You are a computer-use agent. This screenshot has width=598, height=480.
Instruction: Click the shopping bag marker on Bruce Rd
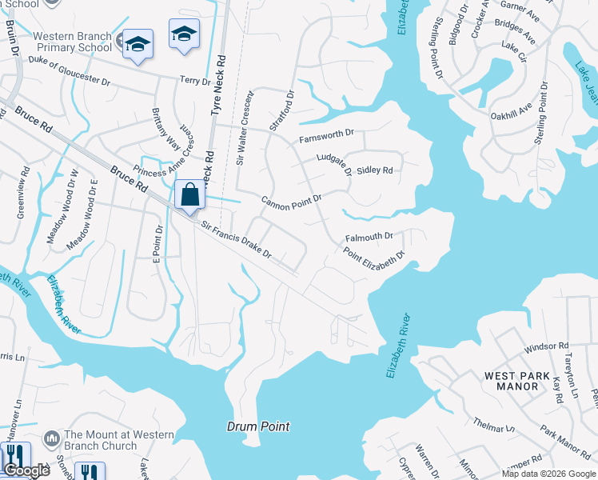(x=189, y=195)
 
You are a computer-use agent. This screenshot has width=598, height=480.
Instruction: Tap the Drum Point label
(x=257, y=426)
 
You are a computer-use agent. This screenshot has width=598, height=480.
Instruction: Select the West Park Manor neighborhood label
(x=517, y=381)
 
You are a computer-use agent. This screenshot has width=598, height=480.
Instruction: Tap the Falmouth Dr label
(x=369, y=237)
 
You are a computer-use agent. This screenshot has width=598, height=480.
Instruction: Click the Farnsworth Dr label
(x=326, y=136)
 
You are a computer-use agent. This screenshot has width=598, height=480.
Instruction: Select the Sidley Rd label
(x=375, y=170)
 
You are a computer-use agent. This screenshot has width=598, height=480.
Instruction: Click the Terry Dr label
(x=194, y=81)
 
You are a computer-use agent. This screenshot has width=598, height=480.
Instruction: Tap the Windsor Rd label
(x=546, y=349)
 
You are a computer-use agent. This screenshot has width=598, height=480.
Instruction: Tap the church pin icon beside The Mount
(x=53, y=439)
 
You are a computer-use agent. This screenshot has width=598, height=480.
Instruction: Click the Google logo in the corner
(x=26, y=470)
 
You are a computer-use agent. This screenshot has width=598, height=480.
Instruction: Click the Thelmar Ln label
(x=494, y=422)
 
